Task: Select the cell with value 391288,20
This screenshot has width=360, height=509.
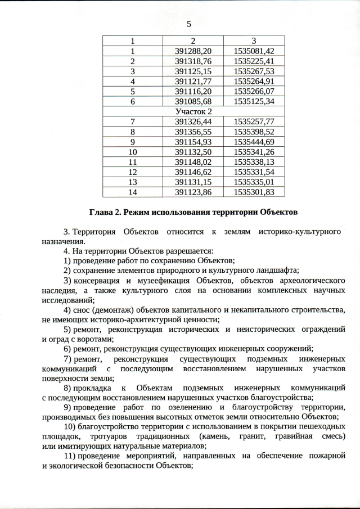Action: click(x=193, y=51)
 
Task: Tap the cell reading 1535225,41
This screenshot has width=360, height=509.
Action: click(x=254, y=61)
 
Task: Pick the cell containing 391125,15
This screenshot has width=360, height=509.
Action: click(x=193, y=71)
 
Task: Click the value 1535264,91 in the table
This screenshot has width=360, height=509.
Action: click(x=254, y=81)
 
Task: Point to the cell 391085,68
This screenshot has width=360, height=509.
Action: click(x=193, y=101)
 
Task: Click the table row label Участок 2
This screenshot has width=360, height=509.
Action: click(x=193, y=111)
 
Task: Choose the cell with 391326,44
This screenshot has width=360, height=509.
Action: click(x=193, y=121)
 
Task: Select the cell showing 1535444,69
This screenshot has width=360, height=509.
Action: click(x=254, y=142)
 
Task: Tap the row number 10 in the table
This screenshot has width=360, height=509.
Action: click(x=133, y=152)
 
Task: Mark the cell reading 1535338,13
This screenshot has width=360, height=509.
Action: click(x=254, y=162)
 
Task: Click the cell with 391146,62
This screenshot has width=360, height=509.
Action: click(x=193, y=172)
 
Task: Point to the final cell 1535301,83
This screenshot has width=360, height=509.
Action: click(x=254, y=192)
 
